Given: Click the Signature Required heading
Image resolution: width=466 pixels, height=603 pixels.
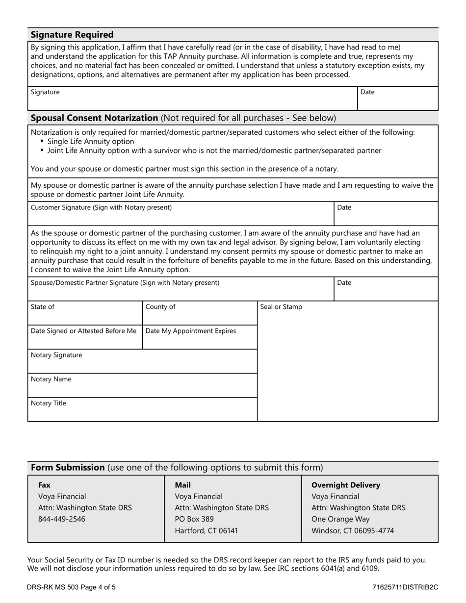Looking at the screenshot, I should [x=72, y=35].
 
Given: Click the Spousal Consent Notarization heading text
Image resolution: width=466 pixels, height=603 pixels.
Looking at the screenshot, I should [x=94, y=118].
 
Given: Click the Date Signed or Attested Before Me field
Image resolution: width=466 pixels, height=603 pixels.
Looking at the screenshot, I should [x=85, y=338].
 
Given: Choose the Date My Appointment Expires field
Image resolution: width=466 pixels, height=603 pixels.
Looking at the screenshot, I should [x=200, y=338].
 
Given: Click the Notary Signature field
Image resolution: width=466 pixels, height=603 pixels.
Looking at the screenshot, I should [x=142, y=362].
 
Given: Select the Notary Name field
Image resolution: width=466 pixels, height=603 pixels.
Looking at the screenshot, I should [x=142, y=386].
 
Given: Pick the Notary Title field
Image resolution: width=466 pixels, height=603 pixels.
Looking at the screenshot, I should [x=142, y=410].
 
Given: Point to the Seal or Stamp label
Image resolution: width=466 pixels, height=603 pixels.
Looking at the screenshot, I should [x=281, y=307].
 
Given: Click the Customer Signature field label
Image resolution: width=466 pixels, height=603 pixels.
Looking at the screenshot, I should [x=101, y=207].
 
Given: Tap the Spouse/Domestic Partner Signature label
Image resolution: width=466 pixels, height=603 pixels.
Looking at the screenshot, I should [x=125, y=283].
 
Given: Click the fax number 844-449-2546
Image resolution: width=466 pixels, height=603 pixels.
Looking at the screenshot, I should [x=61, y=519].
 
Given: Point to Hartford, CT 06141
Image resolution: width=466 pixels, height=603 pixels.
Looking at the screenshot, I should [x=206, y=530].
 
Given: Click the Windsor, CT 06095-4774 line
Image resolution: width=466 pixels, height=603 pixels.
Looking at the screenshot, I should [x=353, y=530].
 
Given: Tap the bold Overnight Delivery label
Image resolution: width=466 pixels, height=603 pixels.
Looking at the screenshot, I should [x=346, y=485].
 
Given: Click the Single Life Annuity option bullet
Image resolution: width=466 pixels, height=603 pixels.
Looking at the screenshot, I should [x=90, y=141].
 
